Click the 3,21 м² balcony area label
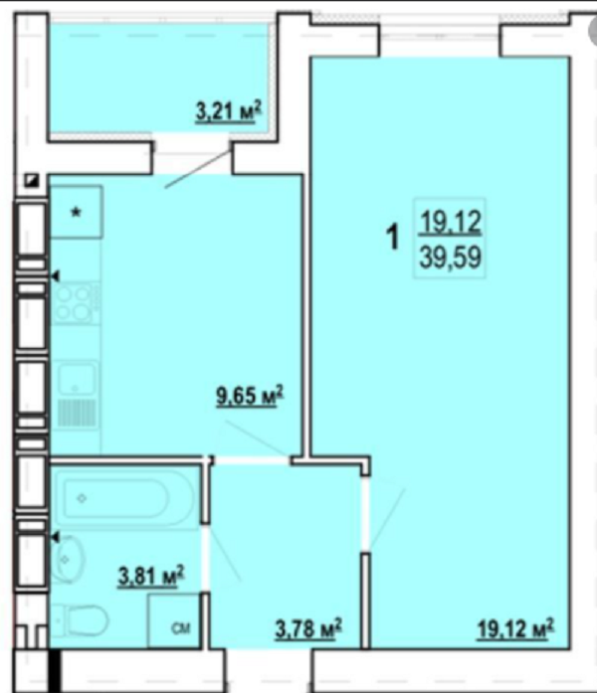[228, 111]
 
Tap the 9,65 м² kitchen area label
[250, 395]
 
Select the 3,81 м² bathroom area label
[151, 577]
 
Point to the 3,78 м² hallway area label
[308, 628]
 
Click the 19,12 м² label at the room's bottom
[515, 628]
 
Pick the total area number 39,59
[450, 258]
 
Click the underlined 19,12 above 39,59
[450, 222]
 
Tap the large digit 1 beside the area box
[393, 237]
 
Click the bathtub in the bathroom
[128, 498]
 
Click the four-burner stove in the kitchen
[75, 303]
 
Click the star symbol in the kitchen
[77, 213]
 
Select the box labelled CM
[174, 620]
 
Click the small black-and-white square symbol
[32, 180]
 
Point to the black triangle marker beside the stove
[56, 276]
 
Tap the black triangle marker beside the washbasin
[56, 538]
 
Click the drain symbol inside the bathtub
[82, 498]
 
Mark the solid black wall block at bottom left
[54, 671]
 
